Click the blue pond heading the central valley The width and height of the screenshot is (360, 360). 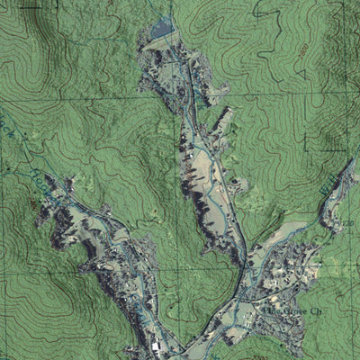point(162,31)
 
